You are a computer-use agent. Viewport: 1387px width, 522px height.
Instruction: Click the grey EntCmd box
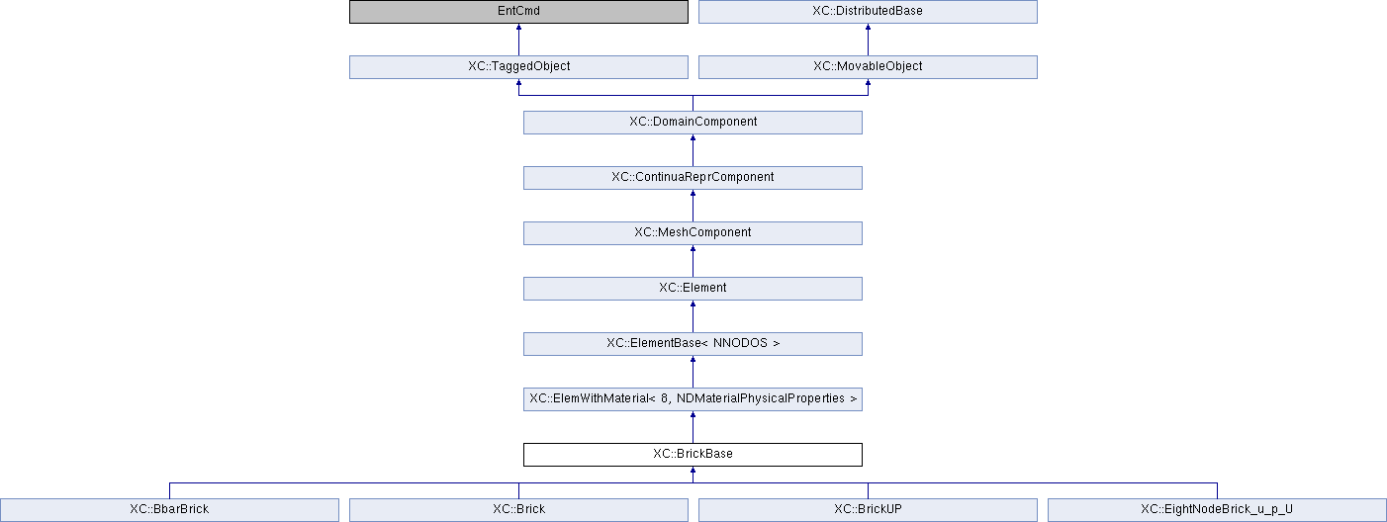(518, 12)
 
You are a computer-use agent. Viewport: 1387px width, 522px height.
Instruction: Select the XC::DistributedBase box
(868, 12)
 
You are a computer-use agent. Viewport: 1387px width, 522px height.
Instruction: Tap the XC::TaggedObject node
(518, 67)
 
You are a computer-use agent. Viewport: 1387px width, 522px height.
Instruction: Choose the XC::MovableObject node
(868, 67)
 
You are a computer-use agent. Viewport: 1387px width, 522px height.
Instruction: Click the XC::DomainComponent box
(693, 123)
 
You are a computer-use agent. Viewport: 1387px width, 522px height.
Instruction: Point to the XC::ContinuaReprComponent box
(693, 178)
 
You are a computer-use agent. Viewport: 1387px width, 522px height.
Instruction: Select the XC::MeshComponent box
(693, 233)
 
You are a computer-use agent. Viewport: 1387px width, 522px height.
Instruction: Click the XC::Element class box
(693, 289)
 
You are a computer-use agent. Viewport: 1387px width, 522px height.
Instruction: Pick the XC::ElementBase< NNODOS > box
(693, 344)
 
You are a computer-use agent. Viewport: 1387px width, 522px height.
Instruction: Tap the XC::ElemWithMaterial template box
(693, 399)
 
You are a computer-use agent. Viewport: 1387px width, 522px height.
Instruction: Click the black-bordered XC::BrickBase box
(693, 455)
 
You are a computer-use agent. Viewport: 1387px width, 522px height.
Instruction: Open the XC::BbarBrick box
(169, 509)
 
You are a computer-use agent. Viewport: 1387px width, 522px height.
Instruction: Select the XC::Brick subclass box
(518, 509)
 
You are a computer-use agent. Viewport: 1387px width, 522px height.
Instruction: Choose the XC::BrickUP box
(868, 509)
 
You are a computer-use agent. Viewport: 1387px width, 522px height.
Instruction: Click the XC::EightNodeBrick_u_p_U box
(1217, 509)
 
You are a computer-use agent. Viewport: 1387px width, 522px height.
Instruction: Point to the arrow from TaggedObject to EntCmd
(518, 40)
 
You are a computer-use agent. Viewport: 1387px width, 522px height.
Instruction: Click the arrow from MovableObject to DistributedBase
(868, 40)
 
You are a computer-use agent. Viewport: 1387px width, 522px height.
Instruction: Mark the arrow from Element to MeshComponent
(693, 261)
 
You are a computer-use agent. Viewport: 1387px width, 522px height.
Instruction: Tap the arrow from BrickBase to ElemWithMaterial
(693, 427)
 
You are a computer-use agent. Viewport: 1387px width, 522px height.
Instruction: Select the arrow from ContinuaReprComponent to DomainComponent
(693, 150)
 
